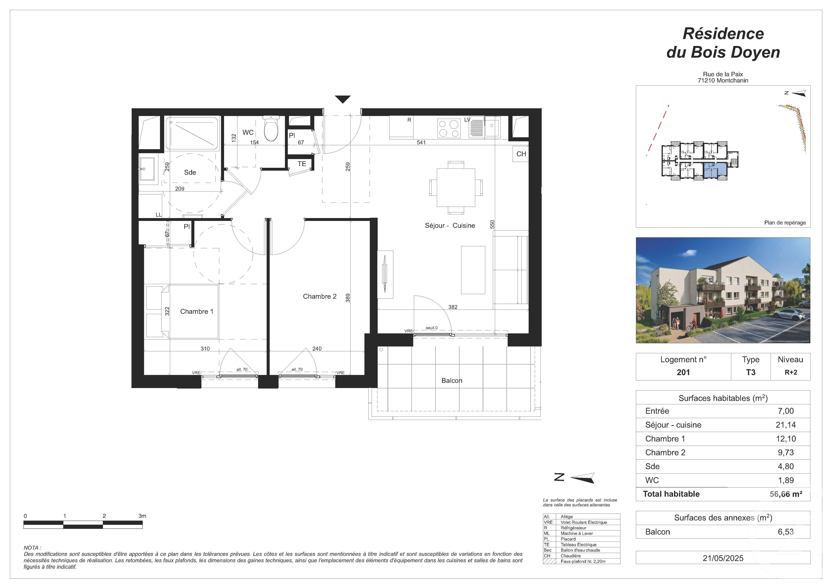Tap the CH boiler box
(521, 154)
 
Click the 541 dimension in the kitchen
(421, 142)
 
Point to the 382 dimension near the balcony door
(453, 307)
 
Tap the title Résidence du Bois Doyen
(723, 43)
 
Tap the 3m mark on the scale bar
(142, 516)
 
